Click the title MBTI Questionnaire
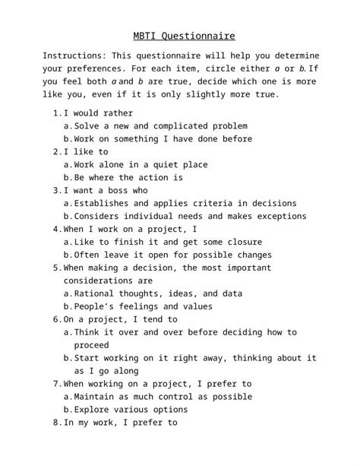pos(179,36)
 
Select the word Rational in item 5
pos(96,293)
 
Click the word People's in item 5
pos(96,306)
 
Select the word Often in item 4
pos(88,255)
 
